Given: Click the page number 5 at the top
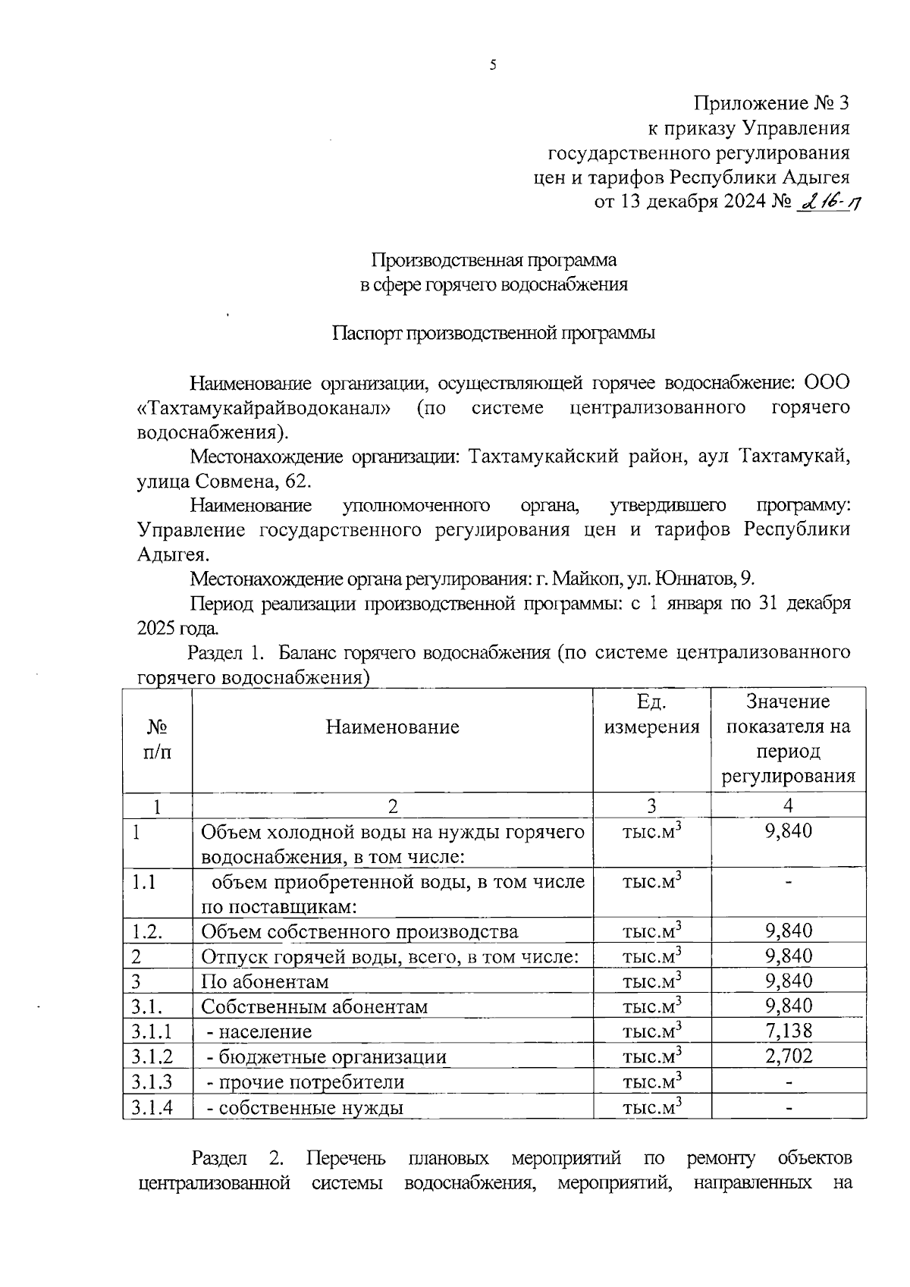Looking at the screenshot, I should (x=493, y=66).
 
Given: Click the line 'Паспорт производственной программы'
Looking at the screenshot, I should (x=494, y=334).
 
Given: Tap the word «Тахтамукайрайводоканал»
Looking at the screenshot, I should (x=265, y=408).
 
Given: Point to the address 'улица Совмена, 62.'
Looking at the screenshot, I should (x=224, y=482).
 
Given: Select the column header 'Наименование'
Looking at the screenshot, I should (x=392, y=727).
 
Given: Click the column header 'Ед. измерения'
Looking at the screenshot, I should (x=651, y=714).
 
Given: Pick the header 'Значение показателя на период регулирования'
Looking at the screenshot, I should (x=788, y=739).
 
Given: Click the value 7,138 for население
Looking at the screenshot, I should (x=789, y=1031).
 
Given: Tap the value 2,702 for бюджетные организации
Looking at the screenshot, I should (x=789, y=1056).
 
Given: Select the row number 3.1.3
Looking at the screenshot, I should (x=152, y=1081).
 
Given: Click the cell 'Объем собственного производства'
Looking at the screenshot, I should (x=359, y=932).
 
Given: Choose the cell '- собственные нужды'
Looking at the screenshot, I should (x=305, y=1107).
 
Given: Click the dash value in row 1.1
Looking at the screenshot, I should (x=789, y=882).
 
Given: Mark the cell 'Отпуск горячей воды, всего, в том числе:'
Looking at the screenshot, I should (x=390, y=957).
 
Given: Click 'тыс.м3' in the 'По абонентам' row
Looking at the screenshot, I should (x=651, y=981).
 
